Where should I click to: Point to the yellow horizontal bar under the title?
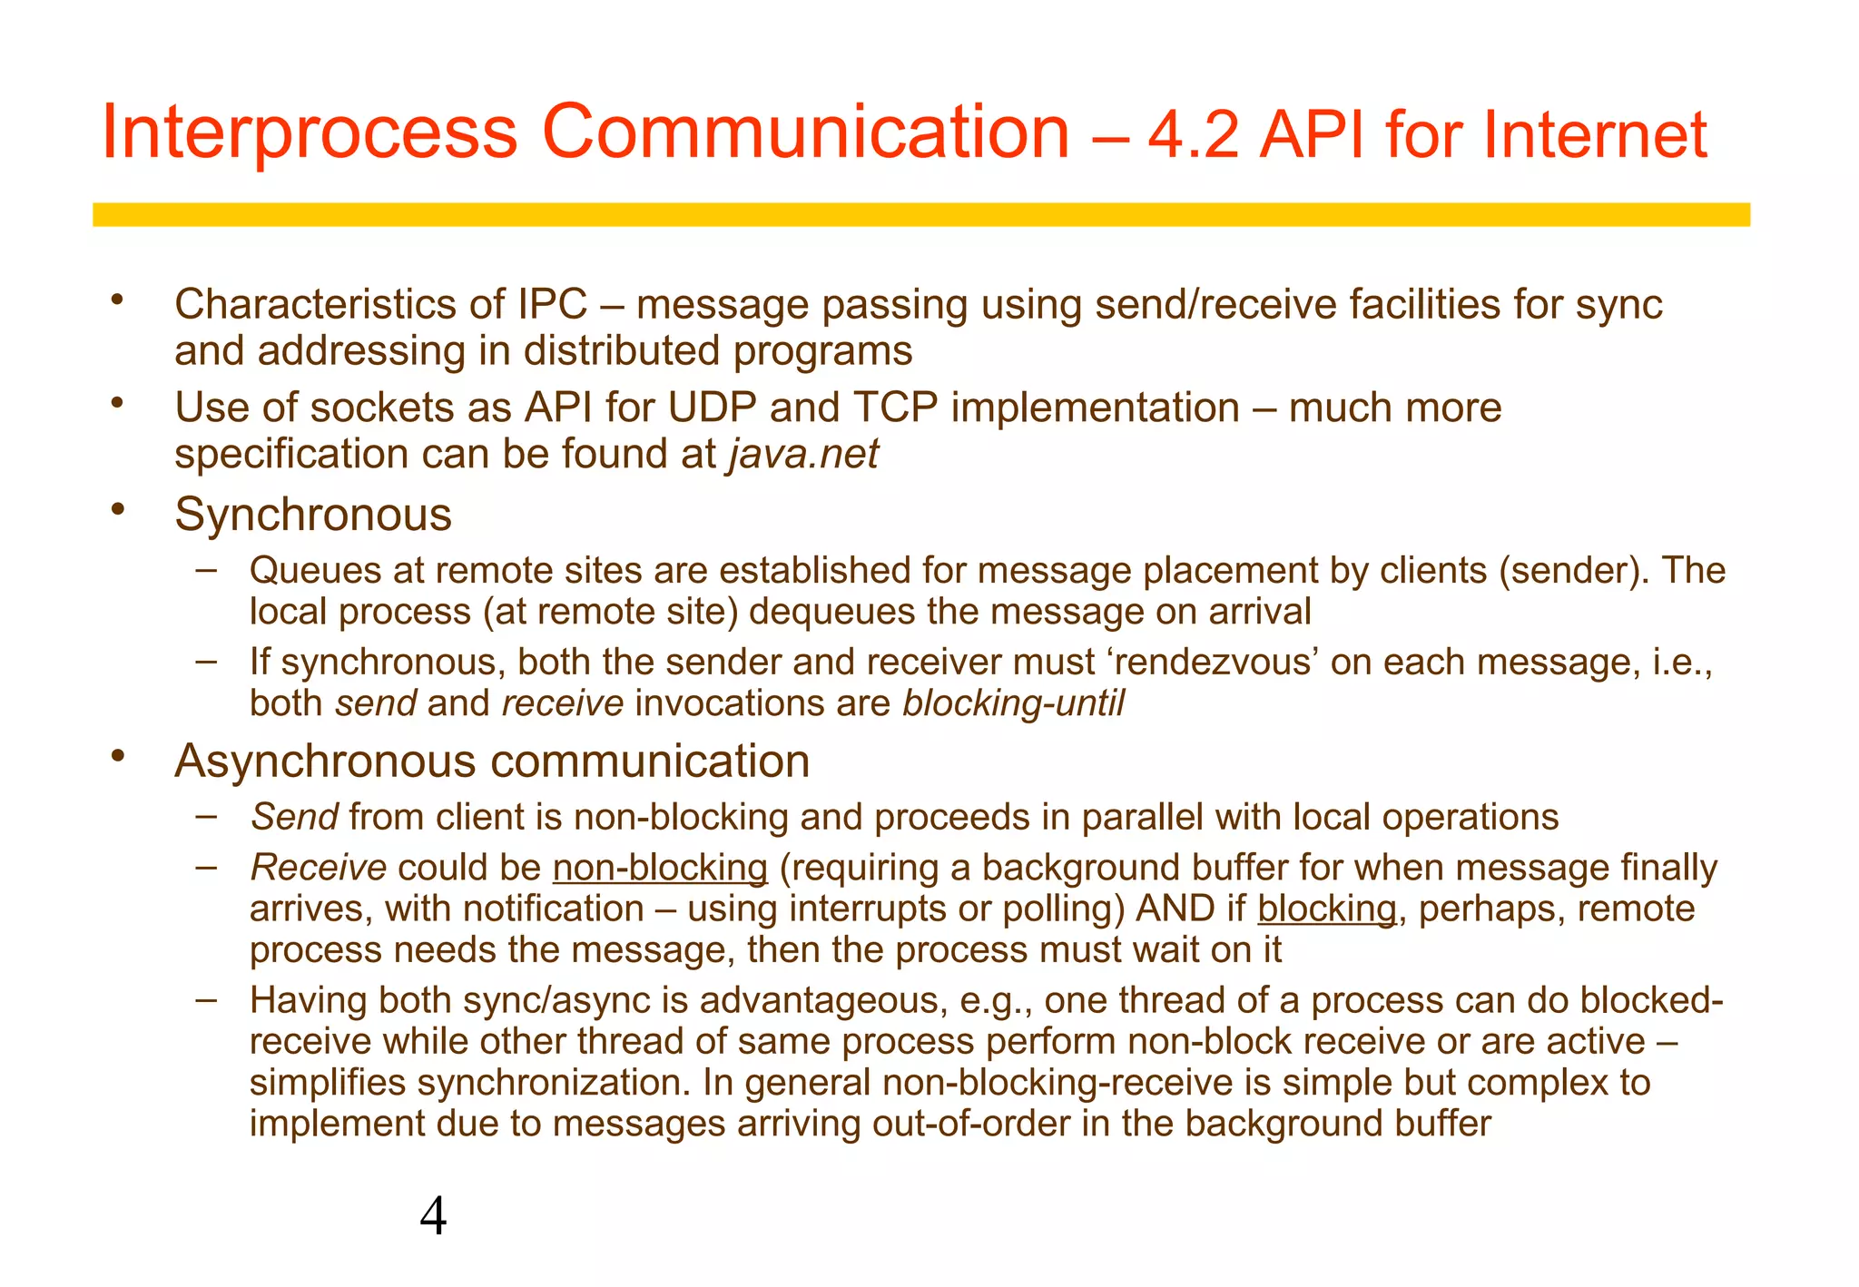click(x=920, y=214)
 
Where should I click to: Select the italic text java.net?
click(x=803, y=454)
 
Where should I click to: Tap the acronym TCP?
click(x=895, y=408)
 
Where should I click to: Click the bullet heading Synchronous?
click(x=312, y=515)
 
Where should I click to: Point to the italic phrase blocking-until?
click(x=1013, y=703)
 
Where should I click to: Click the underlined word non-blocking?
click(x=660, y=868)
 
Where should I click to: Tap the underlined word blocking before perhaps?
click(x=1326, y=909)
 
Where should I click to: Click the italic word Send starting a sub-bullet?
click(x=294, y=817)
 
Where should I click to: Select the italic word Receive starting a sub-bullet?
click(x=318, y=868)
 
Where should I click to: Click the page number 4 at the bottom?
click(x=433, y=1217)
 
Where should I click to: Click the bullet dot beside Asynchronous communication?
click(x=116, y=755)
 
